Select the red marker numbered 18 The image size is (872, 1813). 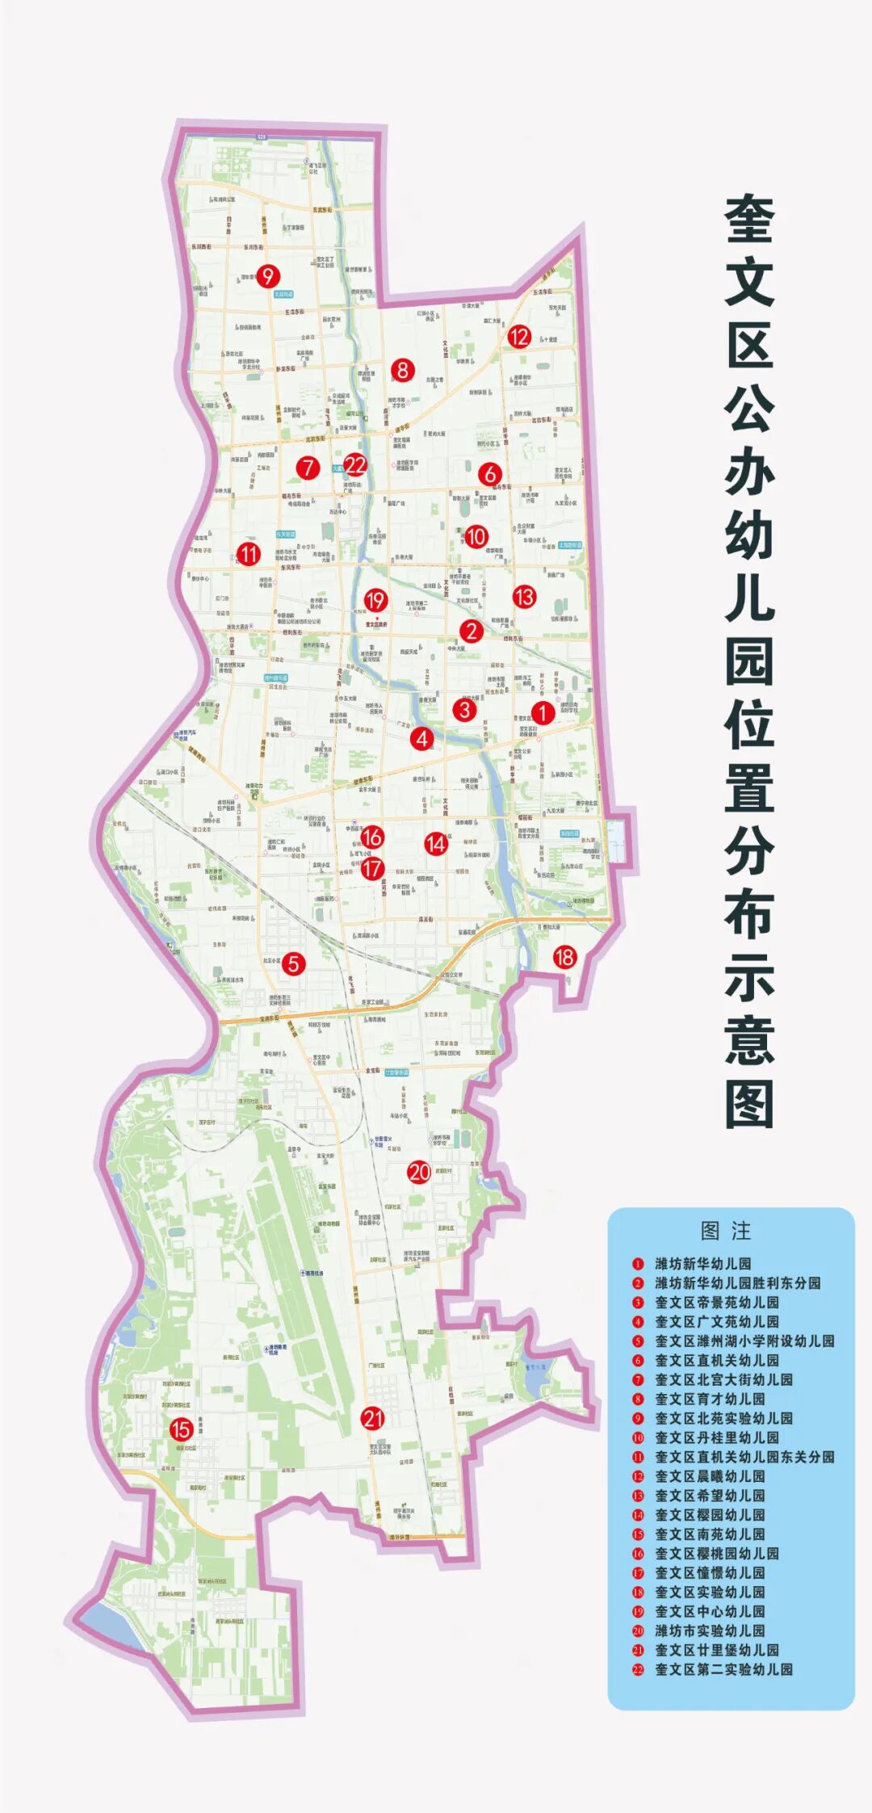pyautogui.click(x=564, y=957)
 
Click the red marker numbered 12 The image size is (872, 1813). pyautogui.click(x=518, y=336)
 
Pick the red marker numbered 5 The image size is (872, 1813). pyautogui.click(x=293, y=963)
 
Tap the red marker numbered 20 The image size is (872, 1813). pyautogui.click(x=419, y=1172)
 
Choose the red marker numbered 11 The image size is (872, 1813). pyautogui.click(x=248, y=554)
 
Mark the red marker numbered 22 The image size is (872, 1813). pyautogui.click(x=355, y=464)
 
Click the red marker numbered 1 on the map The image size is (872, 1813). pyautogui.click(x=543, y=712)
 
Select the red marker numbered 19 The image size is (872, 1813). pyautogui.click(x=375, y=600)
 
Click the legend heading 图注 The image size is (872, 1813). pyautogui.click(x=726, y=1231)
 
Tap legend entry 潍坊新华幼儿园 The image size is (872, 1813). pyautogui.click(x=702, y=1264)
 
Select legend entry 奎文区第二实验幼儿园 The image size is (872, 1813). pyautogui.click(x=723, y=1669)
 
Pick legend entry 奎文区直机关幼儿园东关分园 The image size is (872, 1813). pyautogui.click(x=744, y=1457)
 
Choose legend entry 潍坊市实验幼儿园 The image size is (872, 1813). pyautogui.click(x=710, y=1630)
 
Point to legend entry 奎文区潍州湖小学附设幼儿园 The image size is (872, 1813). pyautogui.click(x=744, y=1341)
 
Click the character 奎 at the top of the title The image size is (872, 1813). pyautogui.click(x=749, y=220)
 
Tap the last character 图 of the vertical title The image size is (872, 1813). pyautogui.click(x=749, y=1105)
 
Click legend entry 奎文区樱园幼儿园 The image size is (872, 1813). pyautogui.click(x=710, y=1515)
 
